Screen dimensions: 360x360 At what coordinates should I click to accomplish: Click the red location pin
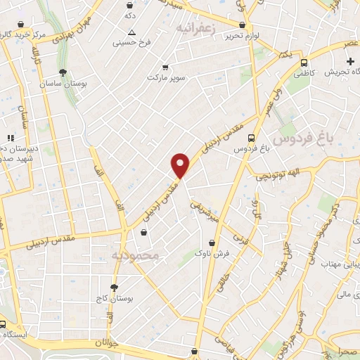[181, 165]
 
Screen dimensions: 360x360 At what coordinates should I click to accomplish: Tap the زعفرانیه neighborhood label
[194, 28]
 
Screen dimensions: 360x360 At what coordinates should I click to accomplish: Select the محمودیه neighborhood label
[135, 254]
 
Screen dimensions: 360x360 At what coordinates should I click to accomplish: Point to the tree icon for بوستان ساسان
[63, 72]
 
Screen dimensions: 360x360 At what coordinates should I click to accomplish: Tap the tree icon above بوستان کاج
[114, 288]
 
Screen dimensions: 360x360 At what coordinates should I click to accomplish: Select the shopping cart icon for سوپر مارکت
[165, 67]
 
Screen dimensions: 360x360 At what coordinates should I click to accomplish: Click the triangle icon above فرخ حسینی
[131, 33]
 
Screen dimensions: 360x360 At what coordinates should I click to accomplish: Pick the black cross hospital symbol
[351, 61]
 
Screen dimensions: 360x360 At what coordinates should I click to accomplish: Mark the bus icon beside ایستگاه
[4, 325]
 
